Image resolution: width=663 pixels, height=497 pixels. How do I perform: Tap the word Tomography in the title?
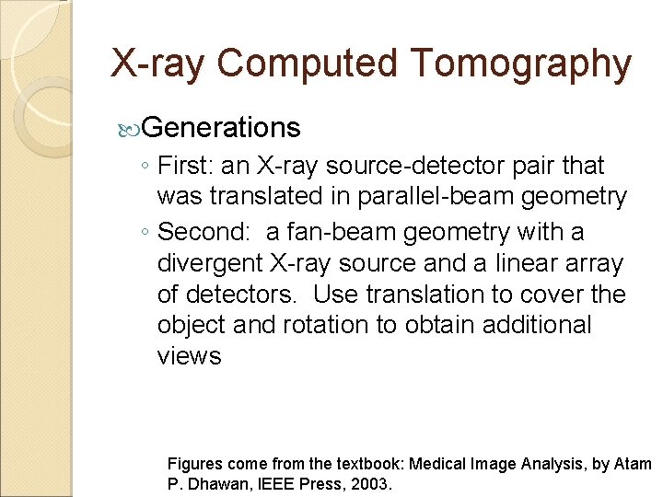(x=521, y=64)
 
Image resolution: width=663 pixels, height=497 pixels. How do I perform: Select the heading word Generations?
(x=222, y=127)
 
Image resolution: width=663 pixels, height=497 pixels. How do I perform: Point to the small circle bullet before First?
(x=145, y=167)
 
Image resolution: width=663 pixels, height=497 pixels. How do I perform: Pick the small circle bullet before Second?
(x=145, y=233)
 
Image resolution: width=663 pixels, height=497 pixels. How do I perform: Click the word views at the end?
(x=190, y=355)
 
